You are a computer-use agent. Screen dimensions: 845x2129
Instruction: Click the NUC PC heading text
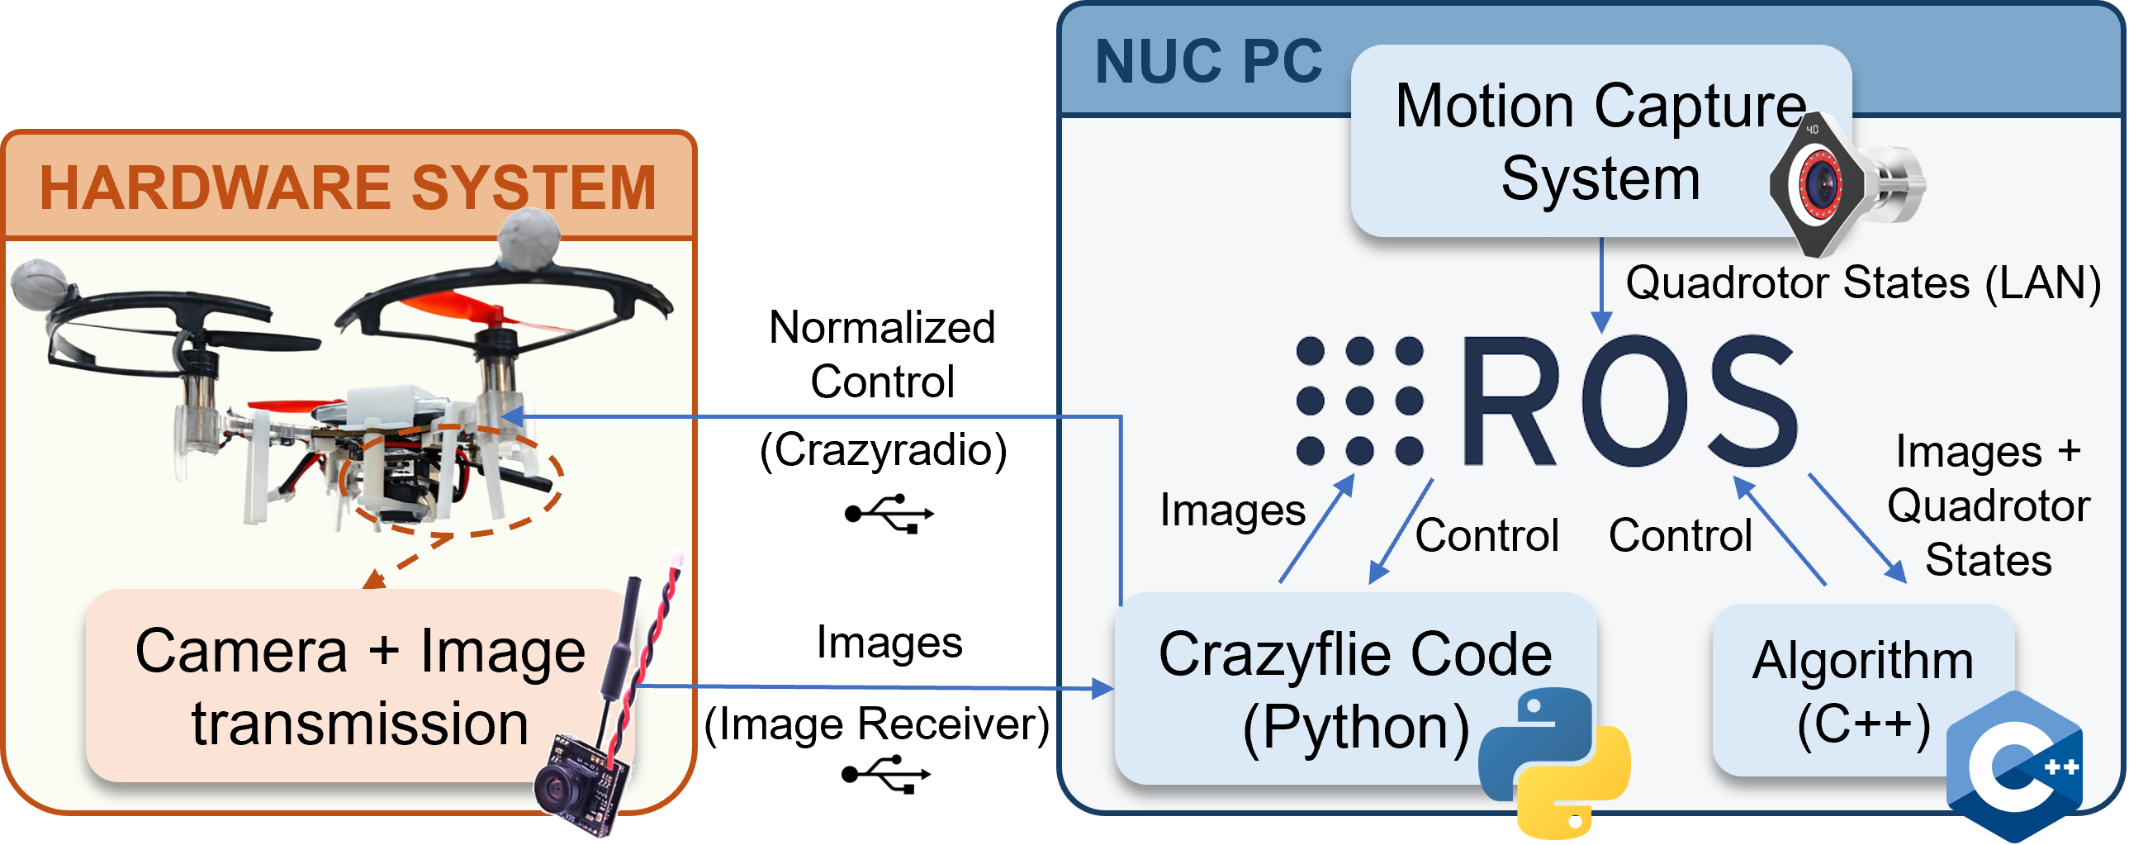tap(1208, 62)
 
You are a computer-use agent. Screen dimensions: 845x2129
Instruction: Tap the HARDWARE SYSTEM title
tap(347, 188)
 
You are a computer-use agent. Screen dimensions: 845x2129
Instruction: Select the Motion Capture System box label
tap(1600, 142)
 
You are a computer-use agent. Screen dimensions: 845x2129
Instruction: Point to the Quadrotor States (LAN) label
tap(1863, 282)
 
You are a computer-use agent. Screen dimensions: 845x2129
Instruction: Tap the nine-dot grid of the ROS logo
tap(1359, 401)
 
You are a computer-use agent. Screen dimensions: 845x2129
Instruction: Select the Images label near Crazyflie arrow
tap(1232, 510)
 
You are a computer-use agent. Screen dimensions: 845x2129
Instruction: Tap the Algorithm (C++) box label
tap(1863, 691)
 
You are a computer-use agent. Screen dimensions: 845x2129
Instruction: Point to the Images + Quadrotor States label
tap(1989, 506)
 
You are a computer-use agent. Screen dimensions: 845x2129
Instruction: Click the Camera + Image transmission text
tap(360, 686)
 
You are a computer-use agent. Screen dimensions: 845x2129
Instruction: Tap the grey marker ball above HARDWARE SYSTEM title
tap(529, 237)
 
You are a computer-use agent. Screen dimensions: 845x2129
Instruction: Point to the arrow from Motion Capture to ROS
tap(1602, 285)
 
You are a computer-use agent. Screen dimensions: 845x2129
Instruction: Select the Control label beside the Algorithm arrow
tap(1680, 535)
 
